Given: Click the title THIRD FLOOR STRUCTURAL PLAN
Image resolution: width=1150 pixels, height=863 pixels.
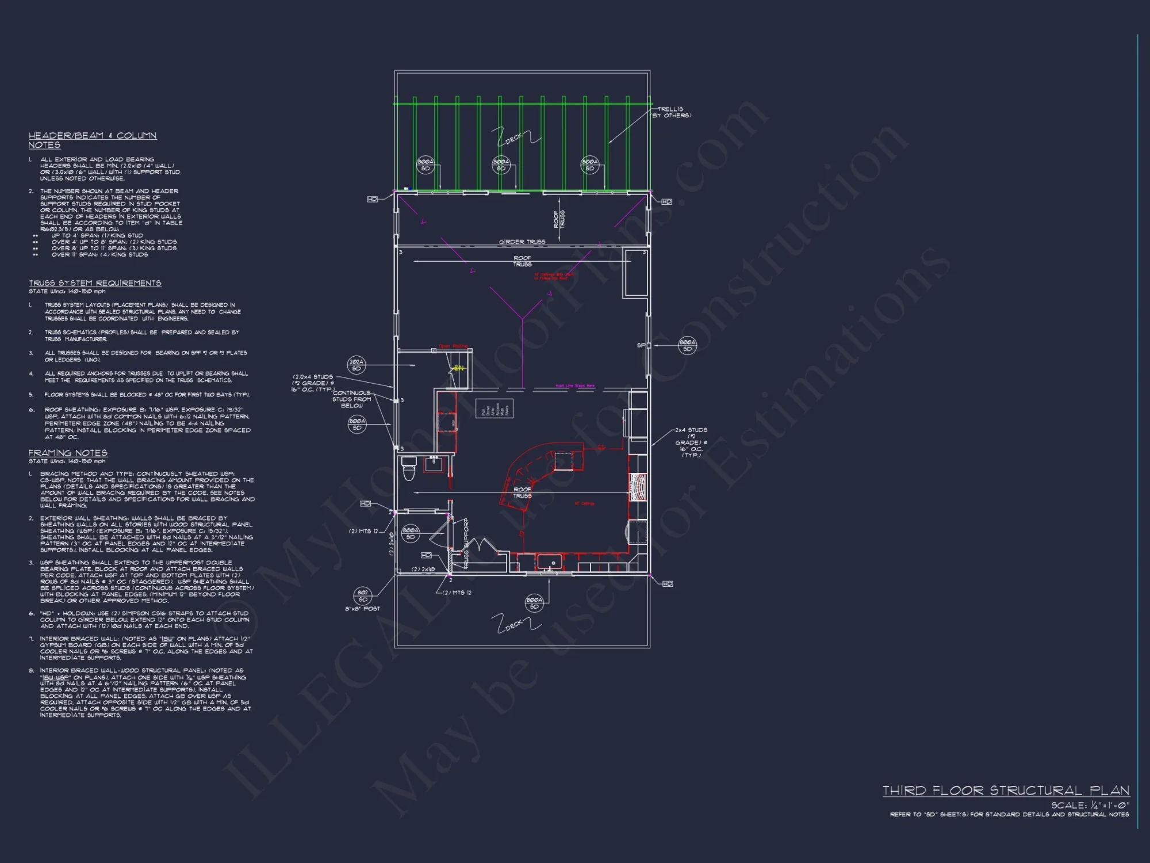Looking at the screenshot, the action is coord(1006,791).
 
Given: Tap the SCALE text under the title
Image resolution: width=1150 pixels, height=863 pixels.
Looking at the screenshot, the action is coord(1090,805).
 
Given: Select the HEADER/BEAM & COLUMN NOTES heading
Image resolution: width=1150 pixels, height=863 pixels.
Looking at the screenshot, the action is coord(93,140).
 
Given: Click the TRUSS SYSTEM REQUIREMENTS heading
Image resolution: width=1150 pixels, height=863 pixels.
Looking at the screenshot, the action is coord(95,283).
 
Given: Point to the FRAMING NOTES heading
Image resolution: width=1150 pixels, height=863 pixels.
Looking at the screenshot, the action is coord(68,453).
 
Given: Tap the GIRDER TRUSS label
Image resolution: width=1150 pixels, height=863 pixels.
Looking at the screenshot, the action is coord(522,242).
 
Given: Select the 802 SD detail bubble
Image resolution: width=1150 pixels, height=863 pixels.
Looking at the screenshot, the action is coord(363,595).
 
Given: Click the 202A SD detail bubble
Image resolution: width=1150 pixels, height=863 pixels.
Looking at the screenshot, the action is coord(356,365).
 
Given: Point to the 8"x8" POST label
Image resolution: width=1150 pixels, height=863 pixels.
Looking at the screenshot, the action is coord(362,609).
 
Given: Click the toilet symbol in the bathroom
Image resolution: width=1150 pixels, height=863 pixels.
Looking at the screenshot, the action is coord(409,468).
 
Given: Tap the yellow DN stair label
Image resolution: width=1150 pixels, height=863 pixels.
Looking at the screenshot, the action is coord(458,368).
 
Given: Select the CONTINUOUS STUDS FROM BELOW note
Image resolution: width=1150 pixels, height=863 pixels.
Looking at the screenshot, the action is coord(352,399).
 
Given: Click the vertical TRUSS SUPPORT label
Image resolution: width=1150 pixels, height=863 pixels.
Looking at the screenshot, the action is coord(466,544).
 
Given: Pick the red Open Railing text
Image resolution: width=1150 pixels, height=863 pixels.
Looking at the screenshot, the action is coord(453,346).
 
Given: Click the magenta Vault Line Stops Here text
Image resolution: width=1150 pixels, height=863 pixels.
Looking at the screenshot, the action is coord(575,386).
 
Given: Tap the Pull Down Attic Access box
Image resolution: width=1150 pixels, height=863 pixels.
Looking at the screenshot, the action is coord(494,408).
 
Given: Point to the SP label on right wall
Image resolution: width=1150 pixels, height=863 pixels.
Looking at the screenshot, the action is coord(641,345).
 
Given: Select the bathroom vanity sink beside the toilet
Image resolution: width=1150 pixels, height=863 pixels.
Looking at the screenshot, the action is coord(434,464).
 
